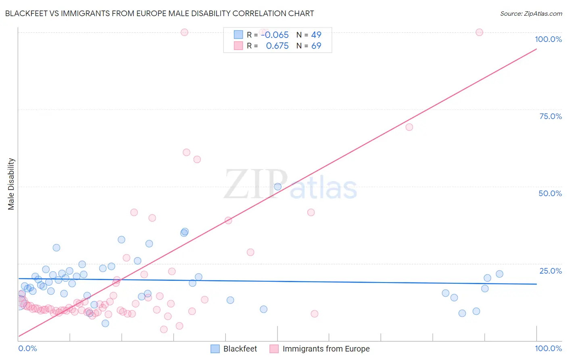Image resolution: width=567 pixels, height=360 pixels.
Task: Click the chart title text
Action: (159, 13)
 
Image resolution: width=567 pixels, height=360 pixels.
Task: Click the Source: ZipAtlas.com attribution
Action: (531, 13)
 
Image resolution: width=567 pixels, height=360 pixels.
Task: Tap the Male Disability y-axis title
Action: (11, 184)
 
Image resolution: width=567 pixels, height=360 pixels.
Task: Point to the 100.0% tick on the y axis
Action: (548, 39)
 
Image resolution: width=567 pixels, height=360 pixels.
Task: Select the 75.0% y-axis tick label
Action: (550, 116)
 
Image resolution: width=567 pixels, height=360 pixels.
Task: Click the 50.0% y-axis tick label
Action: (550, 193)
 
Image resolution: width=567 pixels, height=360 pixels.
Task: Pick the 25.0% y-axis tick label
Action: (550, 271)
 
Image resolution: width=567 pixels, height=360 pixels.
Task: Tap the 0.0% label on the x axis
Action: (27, 348)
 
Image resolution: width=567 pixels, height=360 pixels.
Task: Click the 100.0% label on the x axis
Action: (548, 348)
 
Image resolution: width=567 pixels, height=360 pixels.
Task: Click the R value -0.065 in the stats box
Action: (275, 35)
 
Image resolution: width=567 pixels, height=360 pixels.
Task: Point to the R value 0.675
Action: (277, 46)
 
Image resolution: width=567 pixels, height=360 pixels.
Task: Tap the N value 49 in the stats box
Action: (316, 35)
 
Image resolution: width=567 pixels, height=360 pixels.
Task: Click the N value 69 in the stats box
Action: (316, 46)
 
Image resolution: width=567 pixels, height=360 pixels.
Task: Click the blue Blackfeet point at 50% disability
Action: (277, 187)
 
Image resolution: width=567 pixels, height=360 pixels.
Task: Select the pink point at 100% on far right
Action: (479, 32)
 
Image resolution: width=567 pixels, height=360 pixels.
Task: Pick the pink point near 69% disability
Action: (409, 127)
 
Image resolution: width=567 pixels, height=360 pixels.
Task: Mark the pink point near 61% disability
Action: (186, 153)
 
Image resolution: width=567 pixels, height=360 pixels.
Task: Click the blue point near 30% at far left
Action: (56, 248)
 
